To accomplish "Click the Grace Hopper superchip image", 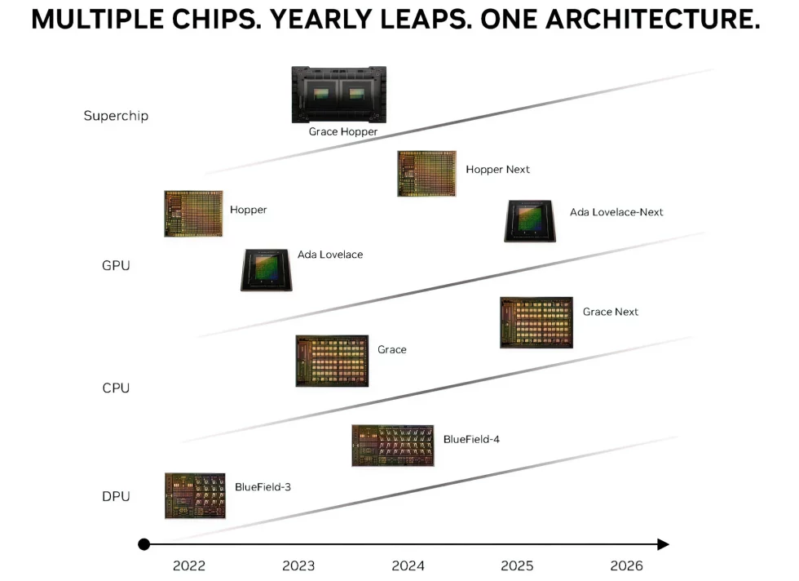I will click(338, 94).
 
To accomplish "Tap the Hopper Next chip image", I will click(426, 173).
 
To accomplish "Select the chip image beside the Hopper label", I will click(193, 214).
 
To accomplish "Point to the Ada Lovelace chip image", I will click(267, 269).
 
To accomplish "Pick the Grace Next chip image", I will click(536, 322).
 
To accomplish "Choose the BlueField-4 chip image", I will click(392, 446).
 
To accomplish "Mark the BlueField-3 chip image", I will click(195, 495).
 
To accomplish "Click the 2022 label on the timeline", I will click(189, 565).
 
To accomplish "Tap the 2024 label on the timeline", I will click(408, 565).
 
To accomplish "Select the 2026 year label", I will click(626, 565).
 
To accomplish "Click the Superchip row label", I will click(116, 116).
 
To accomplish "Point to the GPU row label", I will click(116, 265).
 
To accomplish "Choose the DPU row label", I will click(116, 496).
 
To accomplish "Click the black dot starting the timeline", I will click(144, 544).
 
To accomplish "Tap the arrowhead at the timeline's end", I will click(663, 544).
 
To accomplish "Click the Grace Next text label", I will click(610, 312).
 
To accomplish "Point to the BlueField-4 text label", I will click(471, 439).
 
